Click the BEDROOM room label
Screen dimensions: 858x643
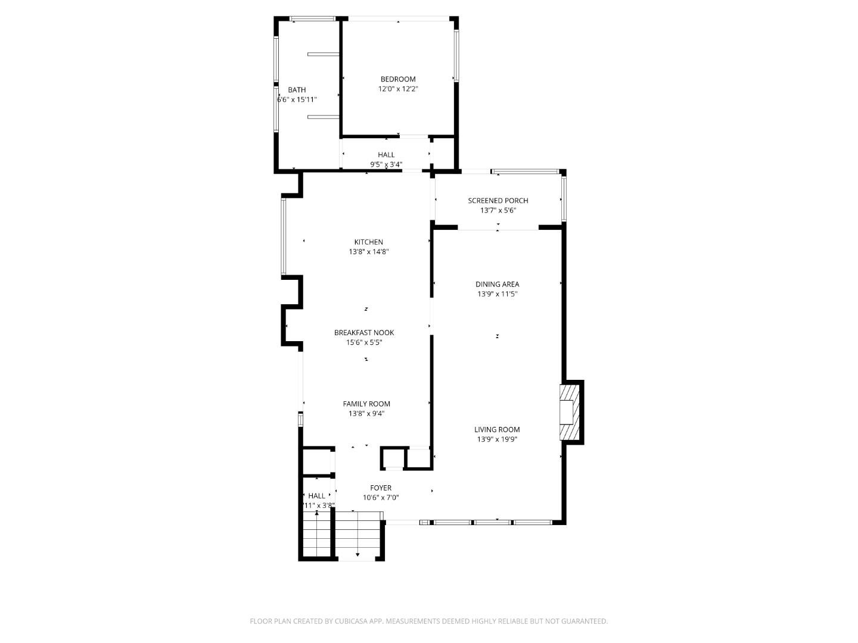398,79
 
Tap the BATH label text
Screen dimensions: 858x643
297,90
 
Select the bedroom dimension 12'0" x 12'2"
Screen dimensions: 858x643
398,89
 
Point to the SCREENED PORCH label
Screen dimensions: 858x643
498,201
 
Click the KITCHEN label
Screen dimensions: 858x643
369,242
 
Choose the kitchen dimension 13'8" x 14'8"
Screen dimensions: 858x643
369,252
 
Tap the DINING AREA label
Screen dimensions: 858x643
497,284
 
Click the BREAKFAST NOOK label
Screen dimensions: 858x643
364,333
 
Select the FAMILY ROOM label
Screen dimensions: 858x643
366,404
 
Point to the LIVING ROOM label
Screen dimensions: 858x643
497,429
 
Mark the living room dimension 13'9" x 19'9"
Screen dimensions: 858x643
497,439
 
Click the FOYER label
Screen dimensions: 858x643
381,488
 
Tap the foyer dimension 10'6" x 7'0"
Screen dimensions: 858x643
381,497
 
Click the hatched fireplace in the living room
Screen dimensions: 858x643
569,412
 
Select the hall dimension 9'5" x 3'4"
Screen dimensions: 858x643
386,164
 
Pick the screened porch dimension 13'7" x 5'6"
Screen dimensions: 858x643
498,210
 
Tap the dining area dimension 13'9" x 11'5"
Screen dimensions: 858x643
497,294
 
